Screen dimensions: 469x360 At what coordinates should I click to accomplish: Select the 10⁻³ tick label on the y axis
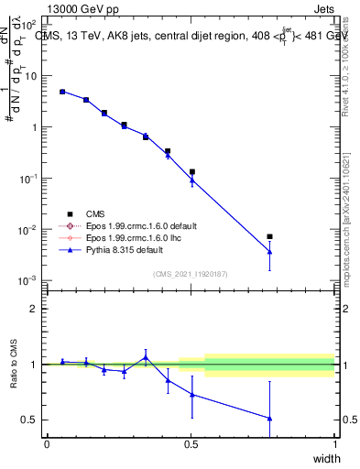tap(29, 280)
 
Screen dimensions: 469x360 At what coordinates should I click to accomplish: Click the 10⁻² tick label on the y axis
tap(29, 229)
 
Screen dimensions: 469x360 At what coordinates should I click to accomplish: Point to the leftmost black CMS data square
tap(62, 92)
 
